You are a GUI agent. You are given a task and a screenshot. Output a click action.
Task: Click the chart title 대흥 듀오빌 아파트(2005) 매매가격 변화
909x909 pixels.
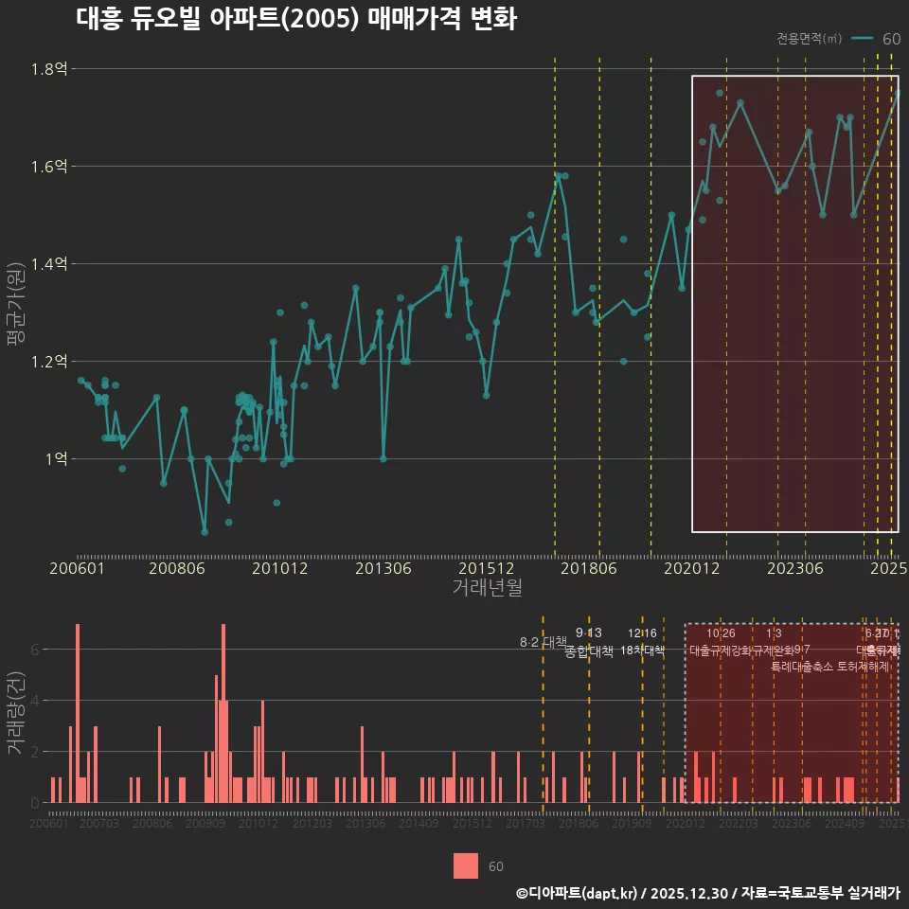[x=295, y=19]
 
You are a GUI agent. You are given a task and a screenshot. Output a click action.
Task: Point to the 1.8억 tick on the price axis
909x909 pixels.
[x=50, y=69]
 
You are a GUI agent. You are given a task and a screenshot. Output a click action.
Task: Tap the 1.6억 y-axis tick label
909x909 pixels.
[x=50, y=167]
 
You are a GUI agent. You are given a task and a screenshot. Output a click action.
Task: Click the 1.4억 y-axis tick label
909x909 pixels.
[x=50, y=264]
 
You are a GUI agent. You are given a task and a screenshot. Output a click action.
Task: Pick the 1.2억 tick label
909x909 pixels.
[x=50, y=362]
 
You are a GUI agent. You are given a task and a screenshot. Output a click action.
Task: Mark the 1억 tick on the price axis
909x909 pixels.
[x=55, y=459]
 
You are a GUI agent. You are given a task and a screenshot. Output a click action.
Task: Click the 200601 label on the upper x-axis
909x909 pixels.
[x=77, y=569]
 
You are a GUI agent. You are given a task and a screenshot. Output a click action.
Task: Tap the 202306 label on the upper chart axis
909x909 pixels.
[x=793, y=569]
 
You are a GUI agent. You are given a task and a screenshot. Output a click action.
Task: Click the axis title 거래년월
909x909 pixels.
[x=487, y=587]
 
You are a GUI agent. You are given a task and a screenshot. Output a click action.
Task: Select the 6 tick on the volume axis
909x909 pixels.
[x=35, y=650]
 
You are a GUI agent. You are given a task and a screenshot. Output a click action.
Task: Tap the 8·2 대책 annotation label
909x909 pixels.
[x=542, y=642]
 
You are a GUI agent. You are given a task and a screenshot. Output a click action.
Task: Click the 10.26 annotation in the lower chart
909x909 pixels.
[x=721, y=633]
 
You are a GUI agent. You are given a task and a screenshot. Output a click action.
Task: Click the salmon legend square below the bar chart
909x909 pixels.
[x=466, y=865]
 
